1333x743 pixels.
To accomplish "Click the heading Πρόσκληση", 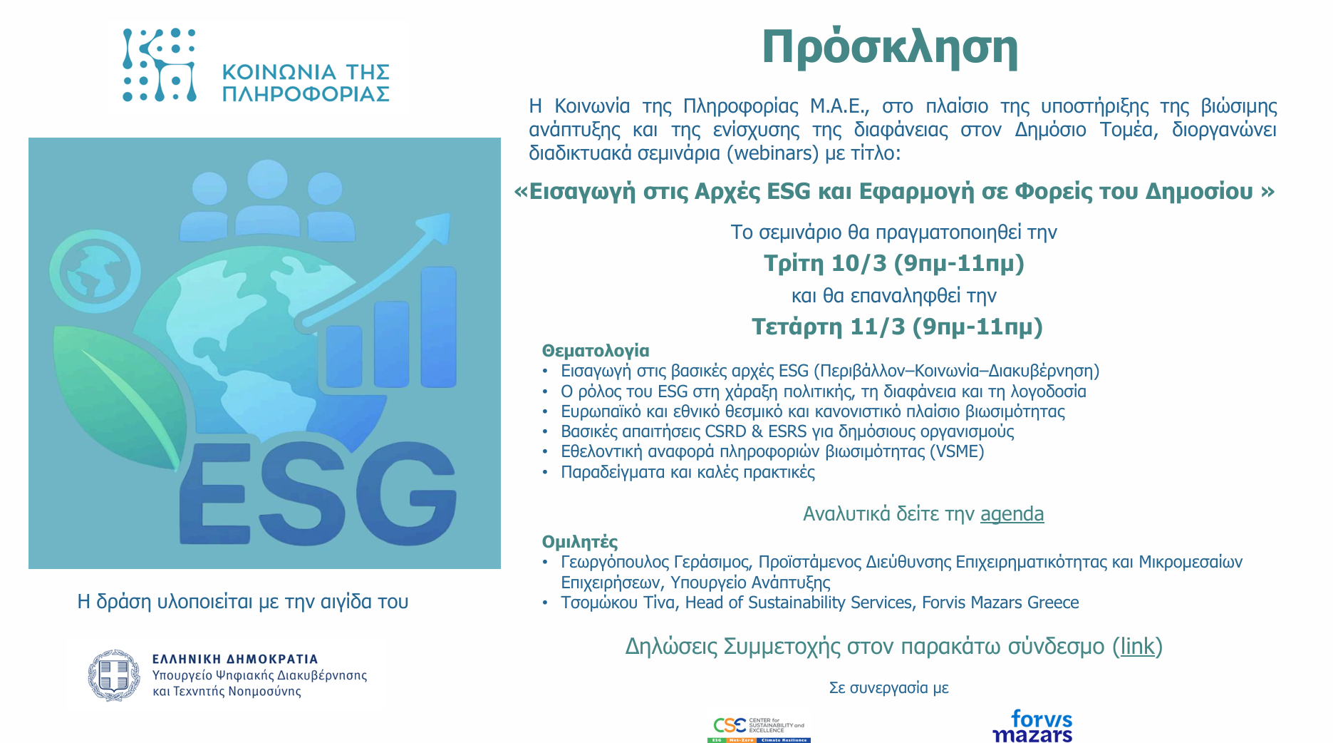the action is pyautogui.click(x=890, y=48).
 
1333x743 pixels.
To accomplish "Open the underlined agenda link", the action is pyautogui.click(x=1012, y=514).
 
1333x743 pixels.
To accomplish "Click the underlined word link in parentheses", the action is pyautogui.click(x=1137, y=646).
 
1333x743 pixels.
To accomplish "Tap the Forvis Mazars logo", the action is pyautogui.click(x=1032, y=726).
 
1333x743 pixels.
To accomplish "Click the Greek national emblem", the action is pyautogui.click(x=114, y=675).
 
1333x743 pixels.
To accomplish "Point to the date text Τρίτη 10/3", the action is pyautogui.click(x=826, y=263).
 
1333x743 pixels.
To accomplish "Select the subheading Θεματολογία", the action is pyautogui.click(x=596, y=351).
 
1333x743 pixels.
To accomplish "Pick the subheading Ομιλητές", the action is pyautogui.click(x=580, y=542).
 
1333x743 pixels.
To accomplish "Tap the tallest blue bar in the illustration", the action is pyautogui.click(x=438, y=327).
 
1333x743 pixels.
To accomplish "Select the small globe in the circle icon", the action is pyautogui.click(x=95, y=272).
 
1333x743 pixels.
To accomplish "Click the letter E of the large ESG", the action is pyautogui.click(x=214, y=493).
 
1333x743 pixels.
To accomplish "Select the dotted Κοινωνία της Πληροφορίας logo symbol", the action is pyautogui.click(x=159, y=65).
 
